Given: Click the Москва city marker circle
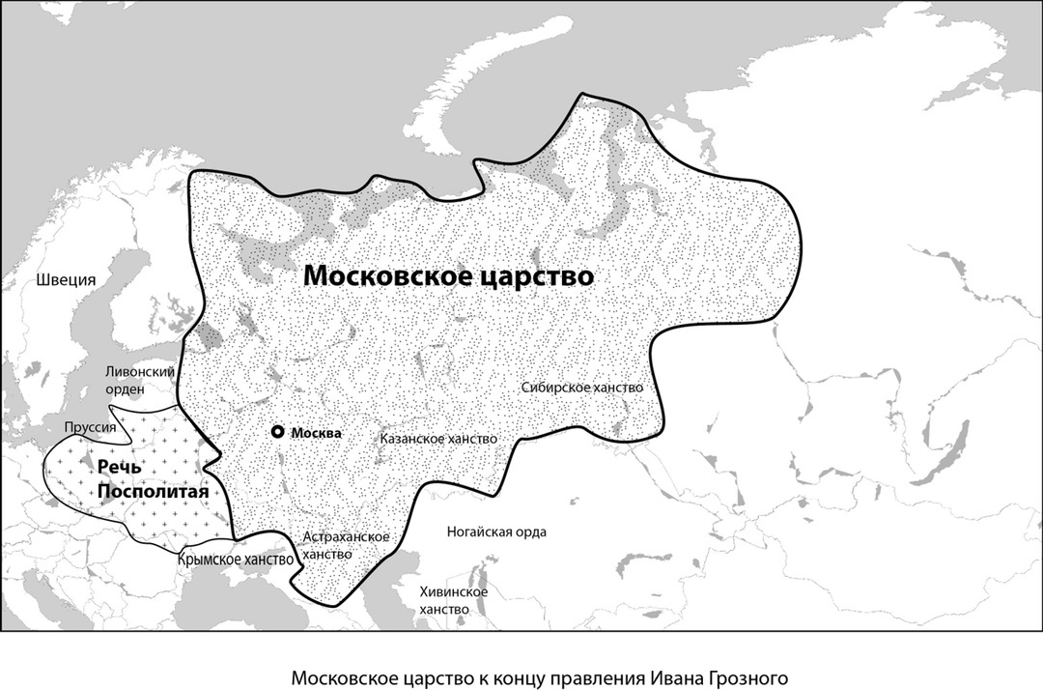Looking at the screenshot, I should (x=278, y=432).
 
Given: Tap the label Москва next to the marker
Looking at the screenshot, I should (x=316, y=433).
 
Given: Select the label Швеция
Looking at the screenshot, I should (x=66, y=280).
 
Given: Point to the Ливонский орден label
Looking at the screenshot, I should (x=139, y=380).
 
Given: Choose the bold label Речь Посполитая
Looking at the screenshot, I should (x=152, y=478).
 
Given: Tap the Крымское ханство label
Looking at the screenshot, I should (x=235, y=560).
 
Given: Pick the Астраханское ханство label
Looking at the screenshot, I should (x=346, y=546).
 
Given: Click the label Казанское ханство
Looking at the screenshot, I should (x=438, y=439).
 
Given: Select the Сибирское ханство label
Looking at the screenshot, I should (x=581, y=387).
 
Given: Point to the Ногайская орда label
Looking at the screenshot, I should (x=496, y=532).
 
